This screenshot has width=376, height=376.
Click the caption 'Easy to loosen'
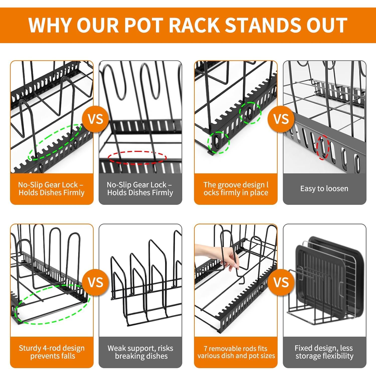[324, 189]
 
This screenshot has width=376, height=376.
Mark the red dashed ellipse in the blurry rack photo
[137, 158]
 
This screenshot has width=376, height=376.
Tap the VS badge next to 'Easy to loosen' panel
[281, 119]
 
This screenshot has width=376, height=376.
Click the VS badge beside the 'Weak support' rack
[96, 283]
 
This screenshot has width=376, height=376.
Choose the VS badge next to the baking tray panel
[281, 283]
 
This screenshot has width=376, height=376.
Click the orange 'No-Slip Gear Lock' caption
[52, 189]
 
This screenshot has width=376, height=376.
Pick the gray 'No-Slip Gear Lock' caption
[140, 189]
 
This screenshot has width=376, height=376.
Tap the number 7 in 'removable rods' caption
[206, 348]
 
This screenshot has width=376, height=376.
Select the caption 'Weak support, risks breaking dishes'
[140, 352]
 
